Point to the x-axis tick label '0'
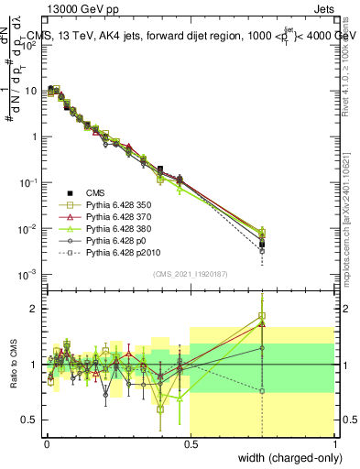coord(46,443)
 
